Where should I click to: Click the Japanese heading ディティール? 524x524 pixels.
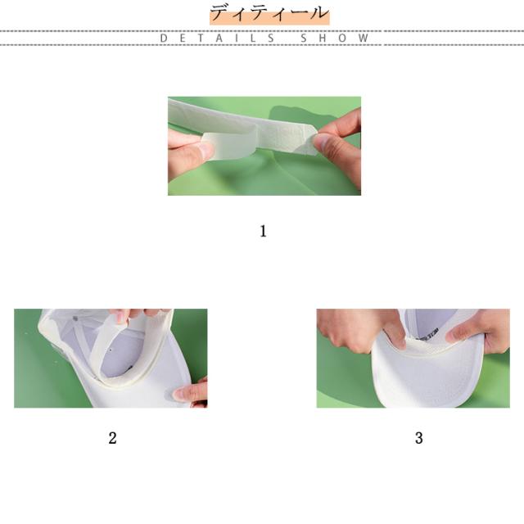coord(269,13)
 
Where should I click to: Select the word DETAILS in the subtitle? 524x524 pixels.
coord(217,38)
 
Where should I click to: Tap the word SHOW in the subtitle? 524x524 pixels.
coord(335,38)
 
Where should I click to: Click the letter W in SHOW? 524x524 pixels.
coord(364,38)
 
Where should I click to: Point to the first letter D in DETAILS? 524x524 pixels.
coord(164,38)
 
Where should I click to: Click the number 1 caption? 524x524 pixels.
coord(263,231)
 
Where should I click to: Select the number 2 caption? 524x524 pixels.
coord(112,438)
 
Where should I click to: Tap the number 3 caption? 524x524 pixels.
coord(418,438)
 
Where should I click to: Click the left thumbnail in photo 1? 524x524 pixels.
coord(205,149)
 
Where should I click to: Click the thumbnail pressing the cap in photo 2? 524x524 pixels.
coord(180,395)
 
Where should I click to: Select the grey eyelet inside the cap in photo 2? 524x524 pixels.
coord(75,318)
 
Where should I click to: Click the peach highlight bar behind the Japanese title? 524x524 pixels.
coord(269,16)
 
